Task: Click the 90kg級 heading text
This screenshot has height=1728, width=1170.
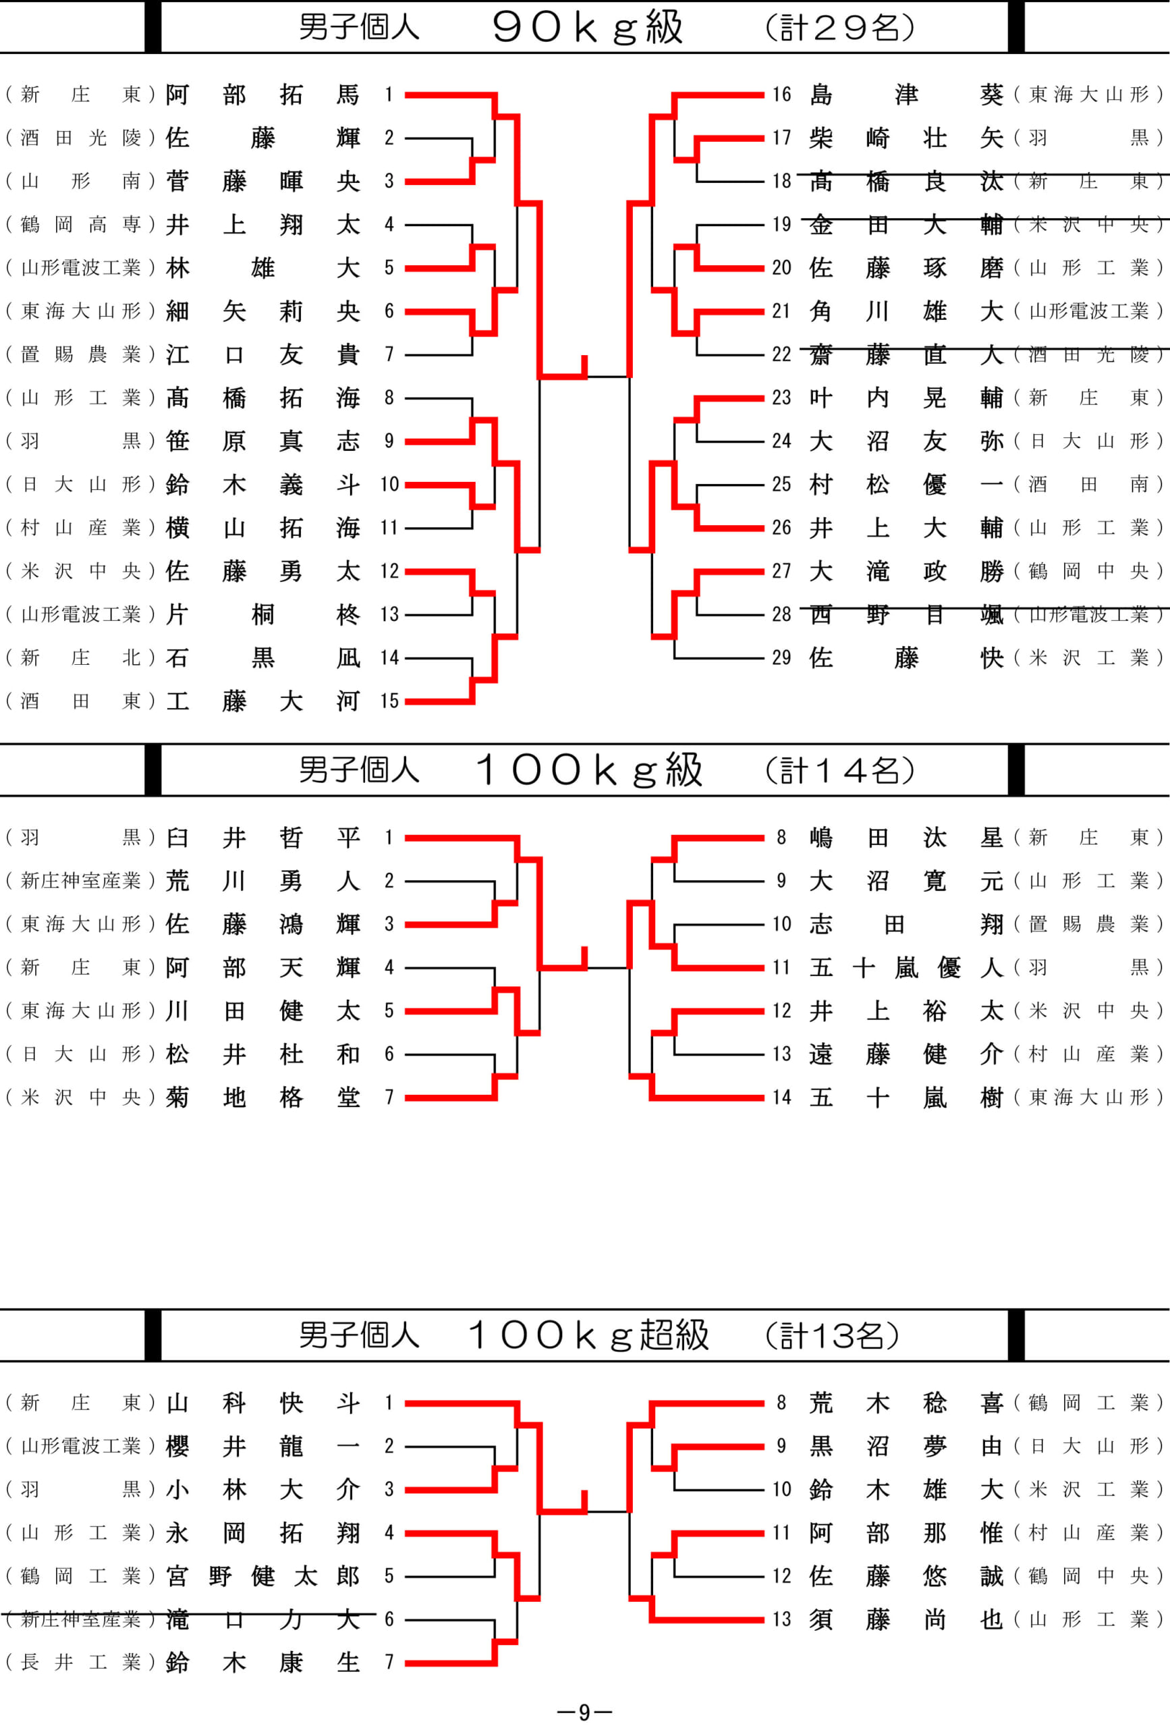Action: click(x=587, y=28)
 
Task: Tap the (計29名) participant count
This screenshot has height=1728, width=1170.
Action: click(x=839, y=28)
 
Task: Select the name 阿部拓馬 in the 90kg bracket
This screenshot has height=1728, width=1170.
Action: click(x=263, y=94)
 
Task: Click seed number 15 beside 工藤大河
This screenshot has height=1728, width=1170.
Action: click(x=389, y=701)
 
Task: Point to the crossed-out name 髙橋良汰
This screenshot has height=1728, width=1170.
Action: click(x=906, y=181)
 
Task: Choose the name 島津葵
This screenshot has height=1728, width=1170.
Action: click(x=906, y=94)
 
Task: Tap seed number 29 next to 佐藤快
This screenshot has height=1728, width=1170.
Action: click(x=781, y=658)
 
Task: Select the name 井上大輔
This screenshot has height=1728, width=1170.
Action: click(x=906, y=528)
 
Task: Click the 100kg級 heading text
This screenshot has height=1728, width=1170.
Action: click(x=589, y=769)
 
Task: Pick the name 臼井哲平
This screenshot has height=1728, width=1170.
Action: click(x=263, y=838)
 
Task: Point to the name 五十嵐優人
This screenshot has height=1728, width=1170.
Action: click(x=906, y=967)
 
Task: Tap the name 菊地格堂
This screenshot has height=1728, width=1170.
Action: click(x=263, y=1098)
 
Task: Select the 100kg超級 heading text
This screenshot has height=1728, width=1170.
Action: click(x=589, y=1334)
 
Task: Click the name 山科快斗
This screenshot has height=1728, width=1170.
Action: click(x=263, y=1403)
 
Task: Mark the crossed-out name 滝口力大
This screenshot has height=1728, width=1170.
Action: click(x=263, y=1619)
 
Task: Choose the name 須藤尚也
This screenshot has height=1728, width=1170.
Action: click(x=906, y=1619)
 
